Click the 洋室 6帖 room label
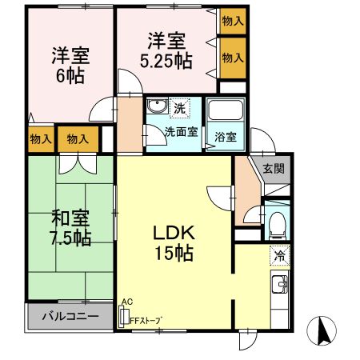click(x=70, y=66)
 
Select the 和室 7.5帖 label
click(x=71, y=228)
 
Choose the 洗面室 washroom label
click(x=182, y=132)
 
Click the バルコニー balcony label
click(x=70, y=316)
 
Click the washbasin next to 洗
click(x=157, y=108)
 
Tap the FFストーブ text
click(x=146, y=320)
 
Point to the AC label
click(x=126, y=302)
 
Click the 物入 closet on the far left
click(x=40, y=139)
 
